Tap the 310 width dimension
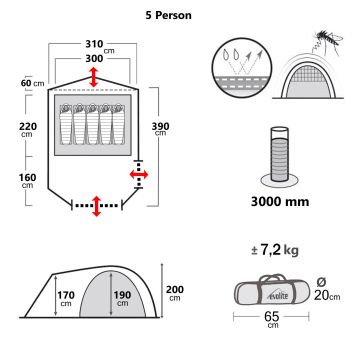[x=96, y=46]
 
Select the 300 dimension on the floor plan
[x=96, y=60]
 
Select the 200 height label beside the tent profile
[x=176, y=291]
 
